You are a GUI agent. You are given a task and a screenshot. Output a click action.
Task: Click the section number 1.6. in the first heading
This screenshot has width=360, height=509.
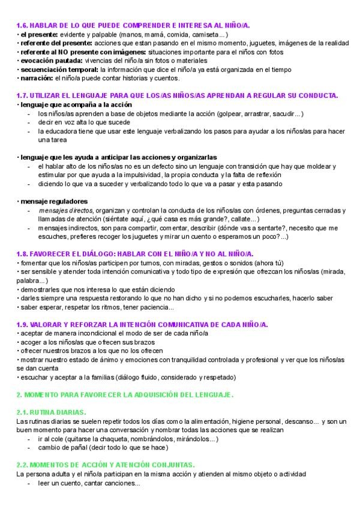click(22, 26)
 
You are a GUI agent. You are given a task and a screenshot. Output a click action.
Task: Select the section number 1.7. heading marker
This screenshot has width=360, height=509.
click(22, 95)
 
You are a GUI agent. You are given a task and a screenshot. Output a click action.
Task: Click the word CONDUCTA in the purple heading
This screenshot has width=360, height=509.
click(320, 95)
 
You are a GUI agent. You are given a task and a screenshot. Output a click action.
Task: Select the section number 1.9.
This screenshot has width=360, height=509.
click(22, 325)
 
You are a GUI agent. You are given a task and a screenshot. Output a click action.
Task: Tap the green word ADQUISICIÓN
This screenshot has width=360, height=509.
click(157, 395)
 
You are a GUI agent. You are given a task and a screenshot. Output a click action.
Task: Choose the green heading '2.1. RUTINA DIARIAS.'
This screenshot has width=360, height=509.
click(51, 413)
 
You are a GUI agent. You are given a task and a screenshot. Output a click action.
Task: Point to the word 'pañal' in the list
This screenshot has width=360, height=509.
click(74, 448)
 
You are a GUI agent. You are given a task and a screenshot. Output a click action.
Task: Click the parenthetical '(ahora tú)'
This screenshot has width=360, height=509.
click(271, 264)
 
